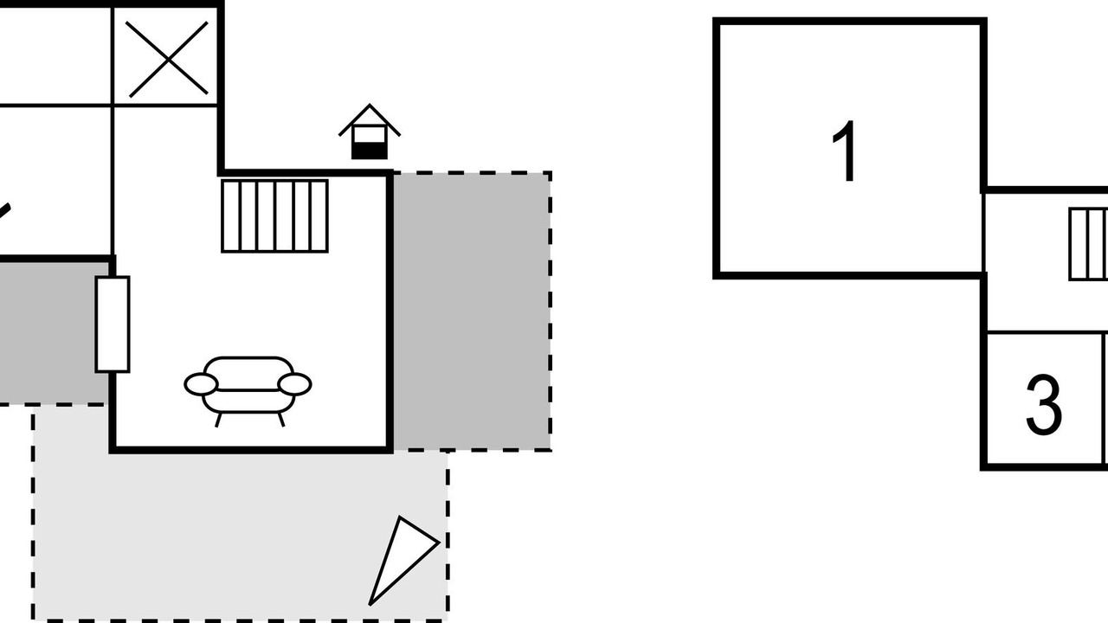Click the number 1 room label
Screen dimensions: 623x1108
(x=845, y=151)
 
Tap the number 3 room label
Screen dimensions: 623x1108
(x=1043, y=404)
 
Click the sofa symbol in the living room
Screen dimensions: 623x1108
(x=248, y=387)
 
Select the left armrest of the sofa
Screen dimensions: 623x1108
(x=201, y=385)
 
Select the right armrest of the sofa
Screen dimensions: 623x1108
(x=294, y=384)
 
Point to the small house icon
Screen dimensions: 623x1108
(x=370, y=133)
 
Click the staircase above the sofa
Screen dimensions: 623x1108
(x=274, y=215)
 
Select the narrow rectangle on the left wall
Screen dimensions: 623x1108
(x=112, y=324)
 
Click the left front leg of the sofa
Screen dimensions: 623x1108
(x=218, y=420)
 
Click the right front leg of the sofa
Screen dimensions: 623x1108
(x=280, y=420)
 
